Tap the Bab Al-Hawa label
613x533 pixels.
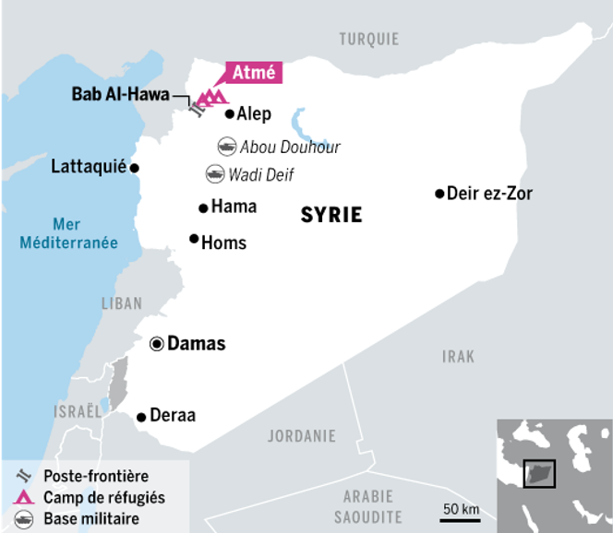tap(120, 93)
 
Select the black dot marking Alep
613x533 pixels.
tap(229, 114)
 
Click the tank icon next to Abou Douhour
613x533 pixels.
tap(226, 147)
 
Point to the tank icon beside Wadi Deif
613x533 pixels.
tap(214, 172)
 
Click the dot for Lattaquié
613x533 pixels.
tap(134, 168)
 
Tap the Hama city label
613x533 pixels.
tap(234, 207)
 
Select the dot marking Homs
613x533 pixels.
tap(194, 239)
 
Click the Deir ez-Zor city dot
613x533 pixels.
tap(439, 194)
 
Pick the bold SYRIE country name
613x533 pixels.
tap(331, 216)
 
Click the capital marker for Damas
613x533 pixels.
tap(157, 344)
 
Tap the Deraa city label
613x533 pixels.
tap(173, 416)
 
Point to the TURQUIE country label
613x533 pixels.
tap(368, 39)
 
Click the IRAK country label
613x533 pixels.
tap(458, 356)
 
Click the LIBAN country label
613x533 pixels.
tap(122, 303)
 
